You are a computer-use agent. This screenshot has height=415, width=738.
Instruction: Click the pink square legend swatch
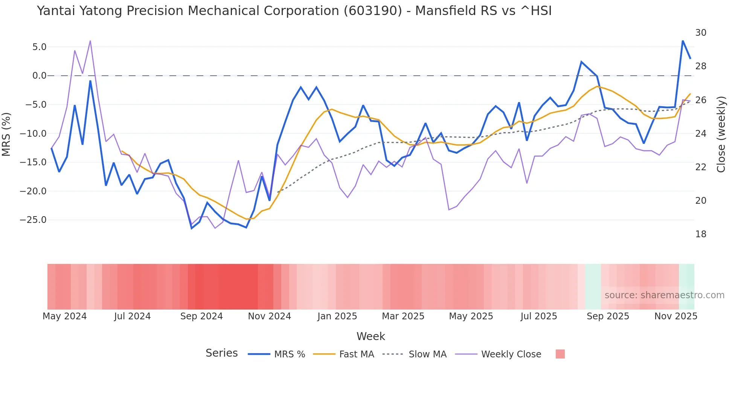pyautogui.click(x=560, y=354)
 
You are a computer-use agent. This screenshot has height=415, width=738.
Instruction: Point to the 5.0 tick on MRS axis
pyautogui.click(x=39, y=47)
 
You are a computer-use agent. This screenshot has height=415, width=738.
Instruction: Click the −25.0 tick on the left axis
pyautogui.click(x=33, y=220)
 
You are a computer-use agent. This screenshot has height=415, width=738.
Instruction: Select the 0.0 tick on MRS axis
pyautogui.click(x=39, y=76)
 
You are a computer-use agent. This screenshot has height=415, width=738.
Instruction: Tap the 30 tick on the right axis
pyautogui.click(x=701, y=33)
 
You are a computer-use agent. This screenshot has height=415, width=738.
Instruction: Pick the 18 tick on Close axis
pyautogui.click(x=701, y=234)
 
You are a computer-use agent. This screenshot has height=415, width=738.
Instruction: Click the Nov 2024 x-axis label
pyautogui.click(x=269, y=316)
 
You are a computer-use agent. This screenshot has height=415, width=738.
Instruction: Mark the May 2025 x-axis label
pyautogui.click(x=471, y=316)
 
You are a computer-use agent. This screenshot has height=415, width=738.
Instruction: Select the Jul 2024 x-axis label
pyautogui.click(x=132, y=316)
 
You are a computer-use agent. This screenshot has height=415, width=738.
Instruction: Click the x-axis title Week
pyautogui.click(x=371, y=336)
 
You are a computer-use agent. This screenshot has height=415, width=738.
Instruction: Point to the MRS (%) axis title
pyautogui.click(x=6, y=134)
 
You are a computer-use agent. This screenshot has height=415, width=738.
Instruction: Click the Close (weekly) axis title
pyautogui.click(x=721, y=134)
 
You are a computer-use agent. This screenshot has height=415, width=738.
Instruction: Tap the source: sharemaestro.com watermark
pyautogui.click(x=664, y=295)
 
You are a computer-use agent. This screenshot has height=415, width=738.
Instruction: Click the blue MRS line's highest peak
pyautogui.click(x=683, y=41)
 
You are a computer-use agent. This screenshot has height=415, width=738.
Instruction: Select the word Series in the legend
pyautogui.click(x=221, y=353)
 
